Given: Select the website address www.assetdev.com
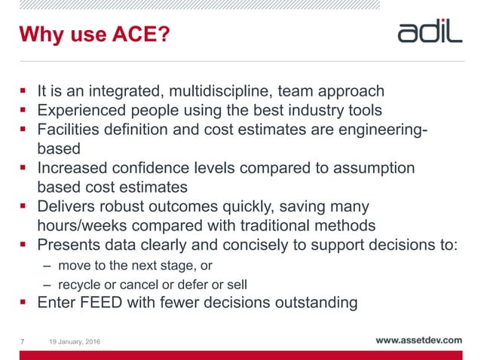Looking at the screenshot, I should pos(418,340).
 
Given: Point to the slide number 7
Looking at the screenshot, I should pos(23,343).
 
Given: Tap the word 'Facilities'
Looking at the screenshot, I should pos(72,130).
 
